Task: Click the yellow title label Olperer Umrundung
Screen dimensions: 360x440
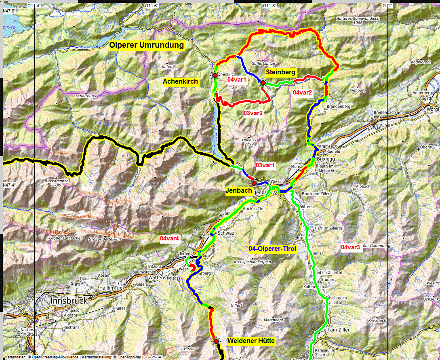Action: [147, 45]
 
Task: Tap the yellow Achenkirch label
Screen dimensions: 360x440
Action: [180, 82]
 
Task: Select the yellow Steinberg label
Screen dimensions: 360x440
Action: [280, 72]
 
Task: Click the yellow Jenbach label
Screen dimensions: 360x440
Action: [239, 191]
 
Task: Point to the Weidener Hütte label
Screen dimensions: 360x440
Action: [251, 341]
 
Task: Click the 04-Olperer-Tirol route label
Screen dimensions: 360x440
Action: [272, 248]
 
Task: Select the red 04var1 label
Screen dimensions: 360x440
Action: [237, 80]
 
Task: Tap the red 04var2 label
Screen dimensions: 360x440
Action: [302, 93]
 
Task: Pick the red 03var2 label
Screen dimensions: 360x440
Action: [253, 113]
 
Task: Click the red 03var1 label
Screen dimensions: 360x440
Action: [265, 165]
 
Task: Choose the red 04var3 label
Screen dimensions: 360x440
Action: [350, 247]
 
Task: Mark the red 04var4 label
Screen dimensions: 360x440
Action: [169, 238]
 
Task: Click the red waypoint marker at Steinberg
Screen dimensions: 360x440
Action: [263, 83]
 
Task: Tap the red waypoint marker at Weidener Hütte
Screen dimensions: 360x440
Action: [216, 341]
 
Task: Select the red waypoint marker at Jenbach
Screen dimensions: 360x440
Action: [254, 183]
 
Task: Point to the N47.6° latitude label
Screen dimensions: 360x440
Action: [10, 11]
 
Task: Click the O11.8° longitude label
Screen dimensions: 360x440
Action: [269, 6]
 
